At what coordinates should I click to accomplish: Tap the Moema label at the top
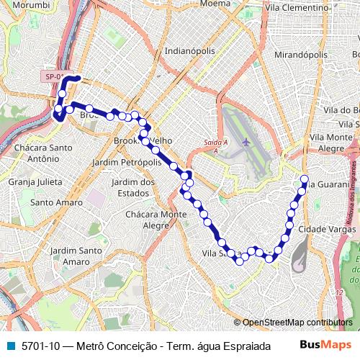point(215,4)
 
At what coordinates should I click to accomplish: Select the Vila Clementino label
point(293,6)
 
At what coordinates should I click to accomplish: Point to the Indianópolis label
point(190,51)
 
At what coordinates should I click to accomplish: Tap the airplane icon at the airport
point(246,142)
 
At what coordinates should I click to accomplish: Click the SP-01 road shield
point(54,76)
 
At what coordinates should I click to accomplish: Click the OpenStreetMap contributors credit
point(297,323)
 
